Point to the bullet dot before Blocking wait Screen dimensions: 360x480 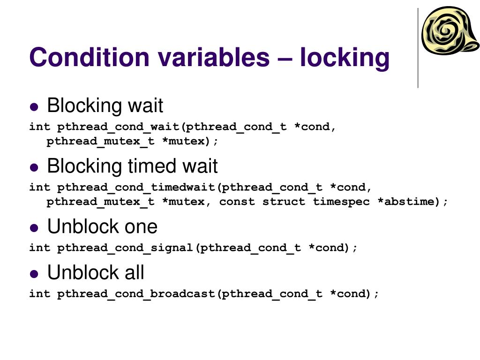coord(34,106)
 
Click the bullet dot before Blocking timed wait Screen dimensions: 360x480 coord(34,167)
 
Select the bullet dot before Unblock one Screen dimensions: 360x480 coord(34,227)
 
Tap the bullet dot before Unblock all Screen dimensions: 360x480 coord(34,273)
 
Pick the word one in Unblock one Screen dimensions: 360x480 coord(141,227)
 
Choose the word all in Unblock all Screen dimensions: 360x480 coord(134,273)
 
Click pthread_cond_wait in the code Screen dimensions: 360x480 coord(119,127)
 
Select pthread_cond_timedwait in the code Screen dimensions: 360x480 coord(136,187)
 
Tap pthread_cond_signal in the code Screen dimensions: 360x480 coord(126,247)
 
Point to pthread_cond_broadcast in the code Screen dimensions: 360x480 coord(136,294)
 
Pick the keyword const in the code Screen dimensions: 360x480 coord(237,202)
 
